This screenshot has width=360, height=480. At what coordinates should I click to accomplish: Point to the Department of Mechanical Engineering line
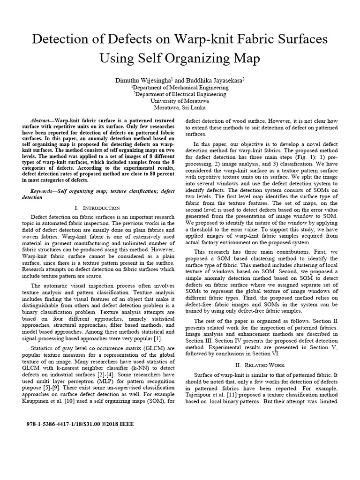pyautogui.click(x=180, y=87)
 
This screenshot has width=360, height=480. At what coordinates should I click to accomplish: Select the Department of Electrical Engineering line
pyautogui.click(x=180, y=94)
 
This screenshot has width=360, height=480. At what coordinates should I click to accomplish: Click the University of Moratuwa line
pyautogui.click(x=180, y=100)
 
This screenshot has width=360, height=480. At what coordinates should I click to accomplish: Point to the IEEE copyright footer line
pyautogui.click(x=81, y=424)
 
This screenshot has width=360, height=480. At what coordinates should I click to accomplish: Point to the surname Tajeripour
pyautogui.click(x=200, y=394)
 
